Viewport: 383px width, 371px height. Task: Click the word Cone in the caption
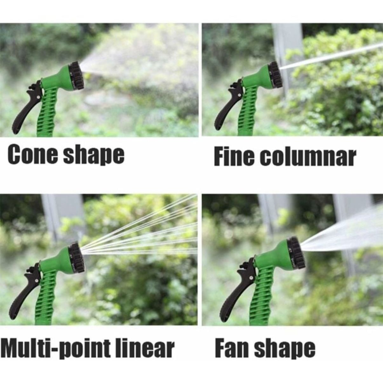pyautogui.click(x=33, y=154)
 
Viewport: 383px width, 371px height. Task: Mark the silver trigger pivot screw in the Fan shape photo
pyautogui.click(x=251, y=278)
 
